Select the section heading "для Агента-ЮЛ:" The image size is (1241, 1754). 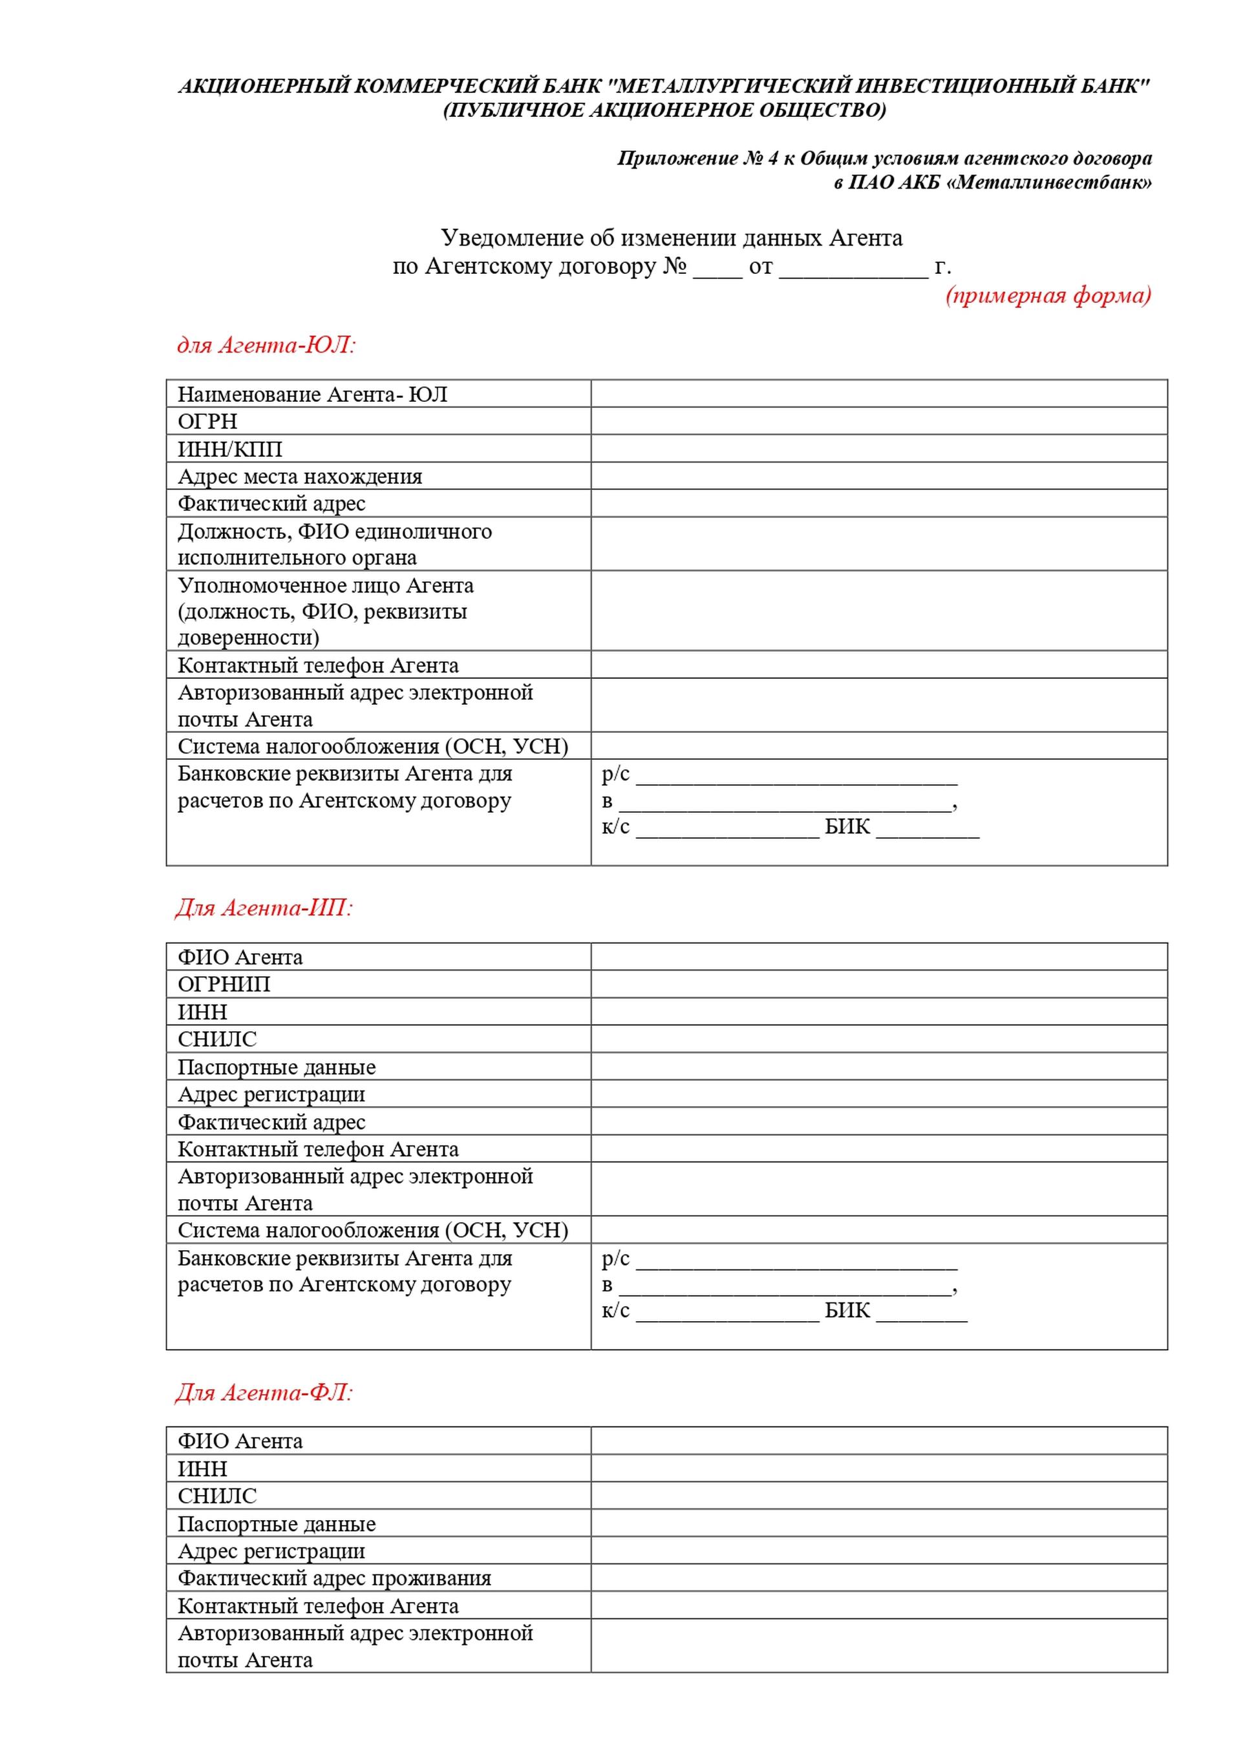click(267, 345)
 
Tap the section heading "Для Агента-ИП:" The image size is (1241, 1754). click(264, 908)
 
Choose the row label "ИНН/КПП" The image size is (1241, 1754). click(230, 448)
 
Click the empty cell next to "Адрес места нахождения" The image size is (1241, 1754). click(879, 476)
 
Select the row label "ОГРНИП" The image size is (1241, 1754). click(224, 984)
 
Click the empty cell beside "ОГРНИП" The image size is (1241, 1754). click(879, 984)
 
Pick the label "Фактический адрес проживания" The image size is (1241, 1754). click(334, 1578)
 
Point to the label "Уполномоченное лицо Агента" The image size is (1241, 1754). click(326, 585)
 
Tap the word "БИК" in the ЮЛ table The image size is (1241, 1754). click(847, 826)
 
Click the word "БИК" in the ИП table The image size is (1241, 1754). click(847, 1310)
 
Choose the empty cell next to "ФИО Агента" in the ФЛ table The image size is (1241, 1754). click(879, 1441)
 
